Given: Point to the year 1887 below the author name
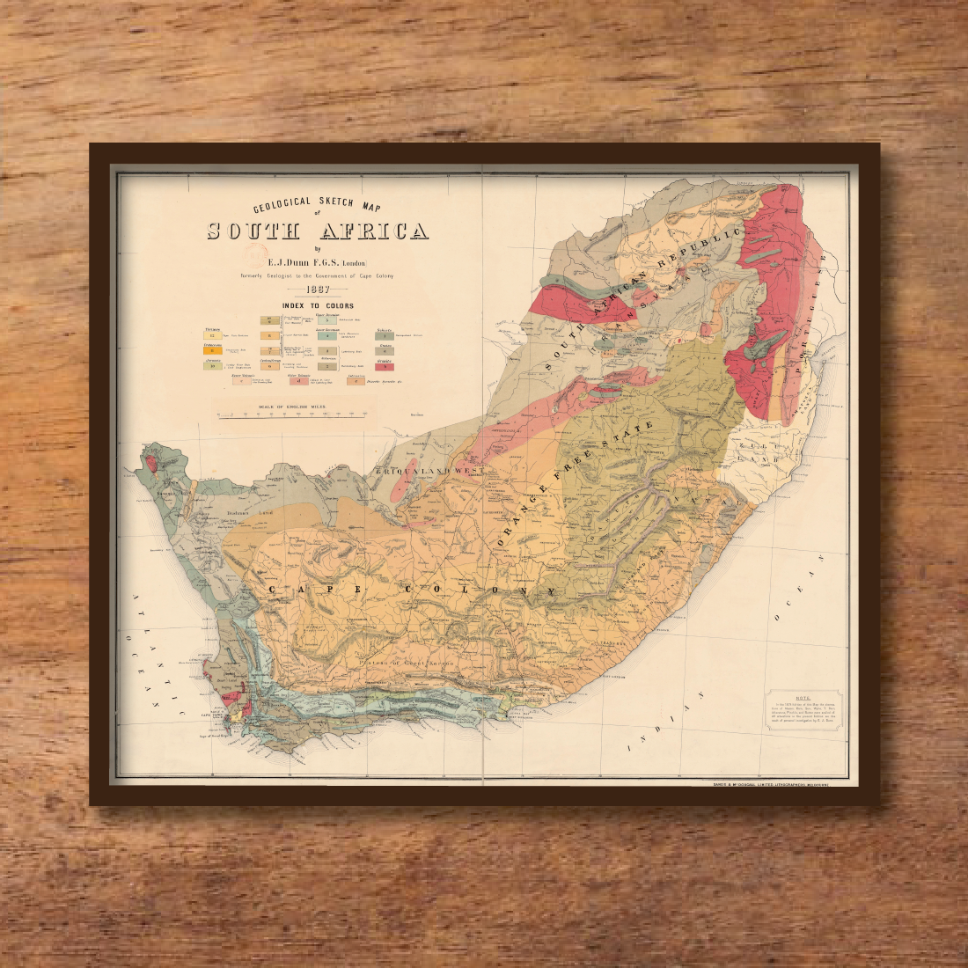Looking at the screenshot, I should pos(317,290).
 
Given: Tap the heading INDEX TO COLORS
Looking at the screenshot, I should pos(318,306).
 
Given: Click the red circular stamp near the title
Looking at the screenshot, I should pos(256,256).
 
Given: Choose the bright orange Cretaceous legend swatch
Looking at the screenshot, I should pos(211,350).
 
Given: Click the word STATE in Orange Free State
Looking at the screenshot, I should pos(633,441).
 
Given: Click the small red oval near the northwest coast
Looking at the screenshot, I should pos(150,459).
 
